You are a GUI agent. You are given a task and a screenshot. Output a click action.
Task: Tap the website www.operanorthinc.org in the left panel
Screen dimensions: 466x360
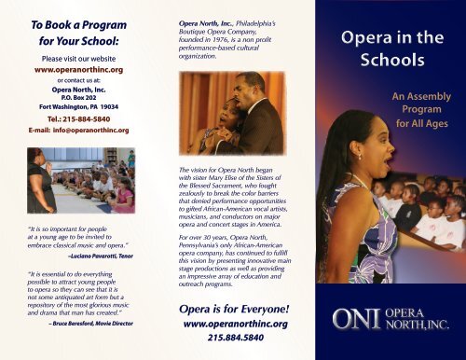point(78,69)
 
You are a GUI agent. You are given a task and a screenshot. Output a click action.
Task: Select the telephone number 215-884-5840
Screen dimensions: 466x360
point(78,119)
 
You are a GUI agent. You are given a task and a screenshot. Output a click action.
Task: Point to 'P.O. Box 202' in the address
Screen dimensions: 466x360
point(78,98)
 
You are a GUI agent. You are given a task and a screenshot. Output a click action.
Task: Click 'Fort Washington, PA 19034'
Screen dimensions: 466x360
point(78,107)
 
